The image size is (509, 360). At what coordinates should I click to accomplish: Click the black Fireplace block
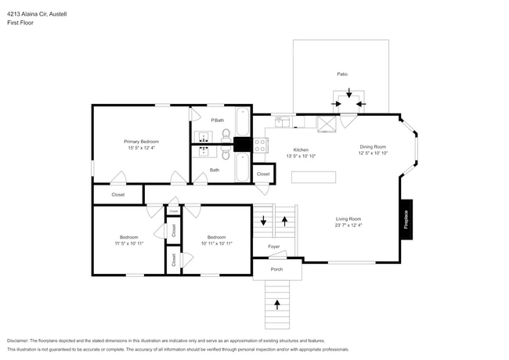(x=406, y=215)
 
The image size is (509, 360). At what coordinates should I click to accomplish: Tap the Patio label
(x=342, y=74)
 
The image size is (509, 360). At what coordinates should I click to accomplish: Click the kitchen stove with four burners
(x=261, y=145)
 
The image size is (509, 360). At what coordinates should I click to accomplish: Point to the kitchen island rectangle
(x=314, y=178)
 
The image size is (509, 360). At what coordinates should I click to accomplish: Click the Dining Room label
(x=373, y=146)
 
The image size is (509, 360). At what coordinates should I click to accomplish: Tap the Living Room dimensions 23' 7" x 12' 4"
(x=348, y=226)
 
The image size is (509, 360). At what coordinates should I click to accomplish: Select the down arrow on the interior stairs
(x=263, y=222)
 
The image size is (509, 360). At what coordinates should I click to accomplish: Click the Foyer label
(x=273, y=247)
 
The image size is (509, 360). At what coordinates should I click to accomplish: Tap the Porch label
(x=276, y=268)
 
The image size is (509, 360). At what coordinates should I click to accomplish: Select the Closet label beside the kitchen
(x=263, y=174)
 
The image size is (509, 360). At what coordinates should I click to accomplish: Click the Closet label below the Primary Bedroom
(x=117, y=193)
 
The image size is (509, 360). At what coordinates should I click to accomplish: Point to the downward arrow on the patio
(x=348, y=92)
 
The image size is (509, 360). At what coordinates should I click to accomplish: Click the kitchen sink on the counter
(x=283, y=121)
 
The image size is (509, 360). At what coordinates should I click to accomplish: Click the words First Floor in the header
(x=20, y=23)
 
